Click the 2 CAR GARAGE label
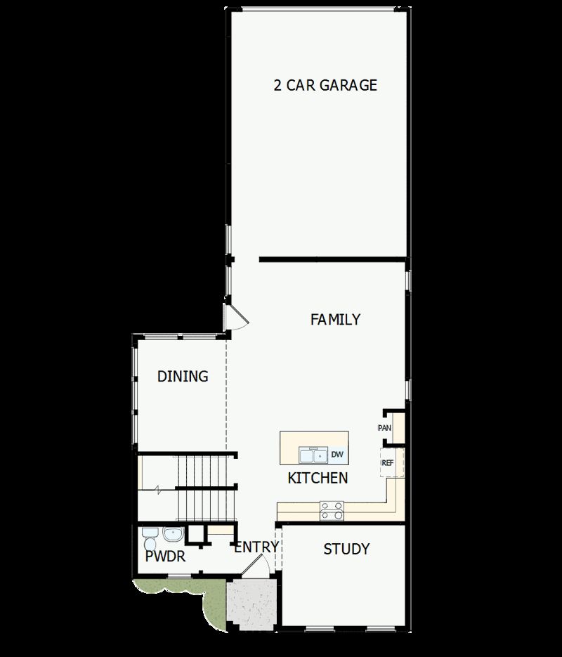coord(325,86)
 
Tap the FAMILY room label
coord(335,320)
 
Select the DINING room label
coord(183,377)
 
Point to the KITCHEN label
coord(318,479)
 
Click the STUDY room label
coord(346,549)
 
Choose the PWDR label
coord(165,557)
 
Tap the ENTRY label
coord(256,547)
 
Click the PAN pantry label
coord(384,428)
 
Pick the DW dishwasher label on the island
coord(337,455)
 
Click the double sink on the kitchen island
coord(313,455)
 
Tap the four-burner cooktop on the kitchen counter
coord(332,510)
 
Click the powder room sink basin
coord(173,535)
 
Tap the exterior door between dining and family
coord(235,318)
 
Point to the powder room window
coord(180,576)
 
